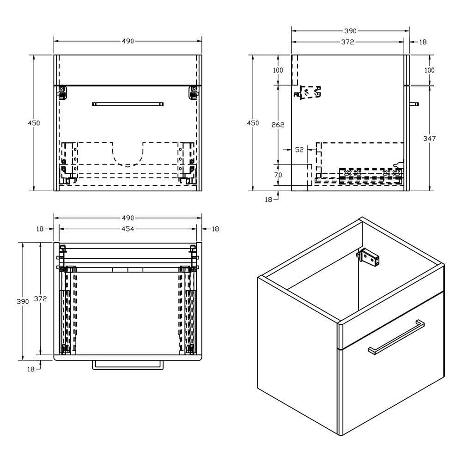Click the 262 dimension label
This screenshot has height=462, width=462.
[278, 125]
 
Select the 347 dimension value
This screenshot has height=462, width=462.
[429, 138]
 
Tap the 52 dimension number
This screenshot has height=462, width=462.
[299, 150]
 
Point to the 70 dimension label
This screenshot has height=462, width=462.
[278, 175]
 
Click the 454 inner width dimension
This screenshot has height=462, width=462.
[128, 229]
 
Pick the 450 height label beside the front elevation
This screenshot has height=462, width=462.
[34, 123]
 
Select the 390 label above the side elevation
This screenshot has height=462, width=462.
[350, 31]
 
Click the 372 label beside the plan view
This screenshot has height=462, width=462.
[41, 299]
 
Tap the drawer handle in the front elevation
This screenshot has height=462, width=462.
[128, 104]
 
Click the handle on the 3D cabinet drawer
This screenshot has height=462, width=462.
[396, 337]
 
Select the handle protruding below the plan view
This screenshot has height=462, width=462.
[128, 365]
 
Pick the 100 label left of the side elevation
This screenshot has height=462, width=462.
[278, 70]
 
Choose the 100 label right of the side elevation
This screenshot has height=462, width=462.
[429, 70]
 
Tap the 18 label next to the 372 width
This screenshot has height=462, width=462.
[423, 42]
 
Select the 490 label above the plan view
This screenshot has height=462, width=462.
[128, 218]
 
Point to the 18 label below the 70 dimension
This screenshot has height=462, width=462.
[268, 199]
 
